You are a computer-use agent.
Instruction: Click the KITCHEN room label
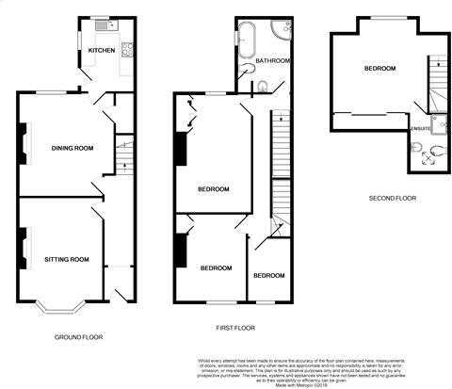coord(101,51)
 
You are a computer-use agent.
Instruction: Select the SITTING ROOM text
coord(66,258)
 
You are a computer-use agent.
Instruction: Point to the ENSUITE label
coord(420,127)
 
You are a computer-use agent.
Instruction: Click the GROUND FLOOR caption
coord(78,336)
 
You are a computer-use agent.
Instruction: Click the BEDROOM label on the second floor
coord(379,69)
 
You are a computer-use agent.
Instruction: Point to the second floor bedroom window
coord(381,18)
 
